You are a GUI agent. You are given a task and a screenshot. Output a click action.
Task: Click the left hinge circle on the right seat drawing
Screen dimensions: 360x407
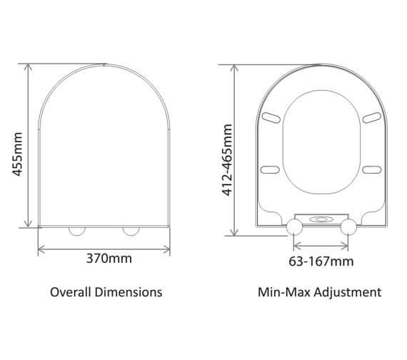(294, 227)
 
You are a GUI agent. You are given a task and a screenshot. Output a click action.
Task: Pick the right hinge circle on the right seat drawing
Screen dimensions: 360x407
(348, 227)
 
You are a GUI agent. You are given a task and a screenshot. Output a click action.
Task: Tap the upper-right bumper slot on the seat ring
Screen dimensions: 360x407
(371, 117)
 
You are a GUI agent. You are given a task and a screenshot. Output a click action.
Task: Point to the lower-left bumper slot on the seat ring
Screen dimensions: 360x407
(270, 169)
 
